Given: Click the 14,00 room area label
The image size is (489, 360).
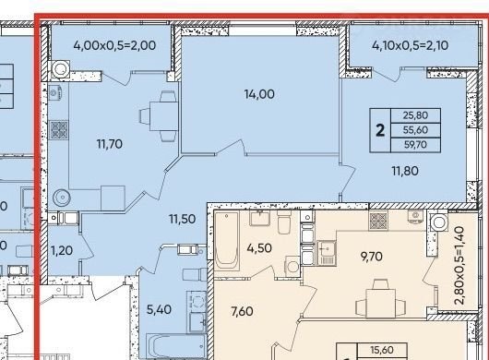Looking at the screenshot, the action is click(259, 94).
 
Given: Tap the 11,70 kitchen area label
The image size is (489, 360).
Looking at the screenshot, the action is click(110, 144).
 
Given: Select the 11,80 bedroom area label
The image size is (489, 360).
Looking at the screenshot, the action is click(405, 171).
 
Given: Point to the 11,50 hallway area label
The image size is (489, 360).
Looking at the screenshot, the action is click(183, 219).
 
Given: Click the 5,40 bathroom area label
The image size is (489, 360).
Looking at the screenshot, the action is click(159, 309).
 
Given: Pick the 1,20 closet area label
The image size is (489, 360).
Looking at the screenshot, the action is click(62, 250).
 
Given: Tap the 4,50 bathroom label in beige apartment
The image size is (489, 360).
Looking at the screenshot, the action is click(259, 248).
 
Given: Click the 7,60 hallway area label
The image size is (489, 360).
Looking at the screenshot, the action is click(242, 311).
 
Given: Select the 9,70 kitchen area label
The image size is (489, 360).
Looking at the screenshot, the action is click(372, 257).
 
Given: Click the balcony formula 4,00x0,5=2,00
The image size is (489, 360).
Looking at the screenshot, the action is click(114, 45).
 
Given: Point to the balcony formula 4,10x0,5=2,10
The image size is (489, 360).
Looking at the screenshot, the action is click(410, 45).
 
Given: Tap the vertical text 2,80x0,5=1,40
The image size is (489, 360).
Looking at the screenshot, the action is click(460, 266).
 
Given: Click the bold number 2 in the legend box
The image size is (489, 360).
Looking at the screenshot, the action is click(380, 130).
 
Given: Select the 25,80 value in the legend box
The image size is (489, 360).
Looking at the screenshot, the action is click(415, 115).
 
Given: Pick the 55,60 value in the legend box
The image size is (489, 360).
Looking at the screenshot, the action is click(415, 130).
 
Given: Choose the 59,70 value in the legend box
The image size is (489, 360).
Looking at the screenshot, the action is click(415, 145).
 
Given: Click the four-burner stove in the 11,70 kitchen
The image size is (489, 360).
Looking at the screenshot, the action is click(59, 130).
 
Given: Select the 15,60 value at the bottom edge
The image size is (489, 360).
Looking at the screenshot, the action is click(382, 350).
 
